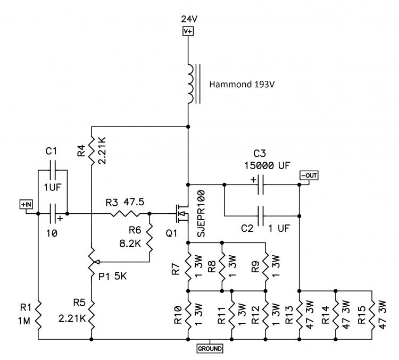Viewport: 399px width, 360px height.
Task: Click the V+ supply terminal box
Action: click(x=188, y=31)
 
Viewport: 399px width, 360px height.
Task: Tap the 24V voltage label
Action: click(x=189, y=19)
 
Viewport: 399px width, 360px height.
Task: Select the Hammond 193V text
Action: click(x=242, y=84)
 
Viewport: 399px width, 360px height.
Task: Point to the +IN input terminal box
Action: click(x=26, y=204)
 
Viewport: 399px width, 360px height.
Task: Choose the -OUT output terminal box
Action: click(x=309, y=175)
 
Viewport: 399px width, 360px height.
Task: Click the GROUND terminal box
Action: click(x=210, y=348)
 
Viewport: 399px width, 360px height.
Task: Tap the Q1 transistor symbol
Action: click(x=182, y=213)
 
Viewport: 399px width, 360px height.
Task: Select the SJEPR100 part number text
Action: click(x=201, y=214)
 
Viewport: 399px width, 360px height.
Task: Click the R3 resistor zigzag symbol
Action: click(x=125, y=214)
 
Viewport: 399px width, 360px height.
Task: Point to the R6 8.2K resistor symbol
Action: click(x=149, y=238)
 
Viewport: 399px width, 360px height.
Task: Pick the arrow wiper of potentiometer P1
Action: click(x=122, y=262)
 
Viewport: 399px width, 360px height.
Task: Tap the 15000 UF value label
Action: click(x=267, y=165)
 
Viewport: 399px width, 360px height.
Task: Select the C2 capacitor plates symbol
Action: click(x=261, y=216)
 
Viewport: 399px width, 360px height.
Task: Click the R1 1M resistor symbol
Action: click(x=38, y=315)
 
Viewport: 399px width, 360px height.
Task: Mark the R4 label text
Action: click(x=81, y=150)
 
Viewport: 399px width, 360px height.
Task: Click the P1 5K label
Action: click(x=112, y=276)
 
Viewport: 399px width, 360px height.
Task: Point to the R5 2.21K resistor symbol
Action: click(x=92, y=315)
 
